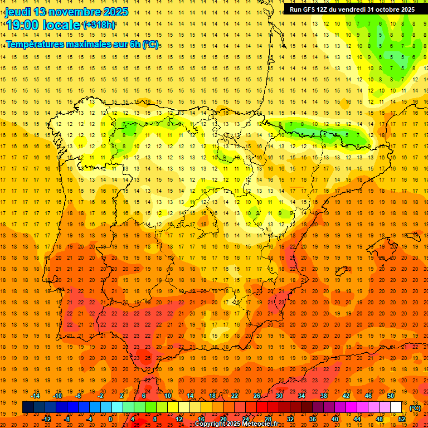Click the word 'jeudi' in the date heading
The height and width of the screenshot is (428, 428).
click(18, 12)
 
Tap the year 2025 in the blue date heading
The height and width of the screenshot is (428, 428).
click(111, 12)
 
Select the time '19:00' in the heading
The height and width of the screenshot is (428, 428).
click(22, 25)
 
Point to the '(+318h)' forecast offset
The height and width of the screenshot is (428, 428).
click(99, 25)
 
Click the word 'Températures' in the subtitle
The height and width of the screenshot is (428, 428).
click(34, 44)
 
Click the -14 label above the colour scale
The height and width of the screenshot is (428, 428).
click(35, 396)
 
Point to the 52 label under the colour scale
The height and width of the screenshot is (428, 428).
click(402, 419)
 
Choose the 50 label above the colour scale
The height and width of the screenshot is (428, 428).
click(391, 396)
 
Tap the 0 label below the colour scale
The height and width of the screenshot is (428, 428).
click(110, 419)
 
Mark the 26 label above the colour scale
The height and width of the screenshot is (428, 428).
click(257, 396)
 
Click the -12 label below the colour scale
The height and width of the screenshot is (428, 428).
click(46, 419)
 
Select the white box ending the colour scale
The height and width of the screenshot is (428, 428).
click(396, 407)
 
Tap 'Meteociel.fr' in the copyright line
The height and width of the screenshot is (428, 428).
click(260, 424)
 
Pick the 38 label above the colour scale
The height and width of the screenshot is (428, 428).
click(324, 396)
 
